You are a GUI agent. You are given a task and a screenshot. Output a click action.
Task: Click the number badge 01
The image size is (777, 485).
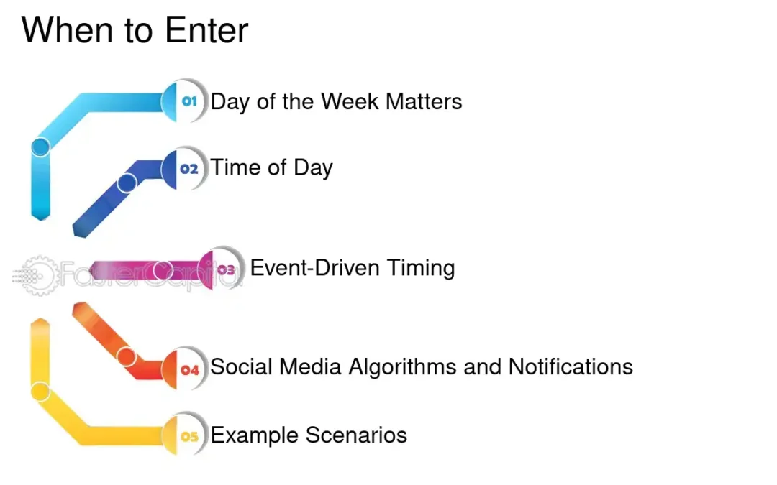click(x=189, y=102)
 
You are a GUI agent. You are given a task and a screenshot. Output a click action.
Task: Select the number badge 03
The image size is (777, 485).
click(x=226, y=270)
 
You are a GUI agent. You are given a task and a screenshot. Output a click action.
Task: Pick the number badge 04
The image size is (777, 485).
click(x=190, y=370)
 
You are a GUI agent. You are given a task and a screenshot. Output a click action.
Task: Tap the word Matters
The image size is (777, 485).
click(x=424, y=101)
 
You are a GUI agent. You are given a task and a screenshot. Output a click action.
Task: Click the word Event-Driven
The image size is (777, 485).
click(x=315, y=268)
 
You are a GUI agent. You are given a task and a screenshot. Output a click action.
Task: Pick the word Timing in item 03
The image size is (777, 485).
click(x=421, y=269)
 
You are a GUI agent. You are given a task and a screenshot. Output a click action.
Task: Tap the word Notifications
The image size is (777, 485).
click(x=571, y=367)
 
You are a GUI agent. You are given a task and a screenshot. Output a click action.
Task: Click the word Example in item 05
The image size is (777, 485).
click(x=255, y=436)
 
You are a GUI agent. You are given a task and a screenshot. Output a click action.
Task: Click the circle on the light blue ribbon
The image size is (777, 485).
click(x=41, y=147)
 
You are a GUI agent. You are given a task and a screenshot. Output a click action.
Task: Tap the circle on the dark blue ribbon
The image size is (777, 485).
click(x=127, y=183)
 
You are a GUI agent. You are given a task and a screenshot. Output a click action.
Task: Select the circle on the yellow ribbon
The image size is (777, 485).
click(x=41, y=392)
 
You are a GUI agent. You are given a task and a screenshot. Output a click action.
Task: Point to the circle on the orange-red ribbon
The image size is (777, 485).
click(x=127, y=356)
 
